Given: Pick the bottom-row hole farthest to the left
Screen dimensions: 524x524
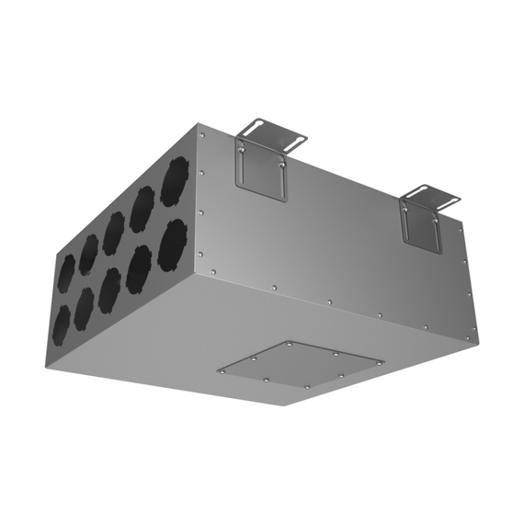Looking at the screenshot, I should (62, 323).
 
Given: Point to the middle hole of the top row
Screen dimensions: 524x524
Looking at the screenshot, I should (114, 233).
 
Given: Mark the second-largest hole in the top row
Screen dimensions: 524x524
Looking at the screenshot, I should (142, 209).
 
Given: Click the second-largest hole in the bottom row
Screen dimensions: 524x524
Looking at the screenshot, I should (139, 268).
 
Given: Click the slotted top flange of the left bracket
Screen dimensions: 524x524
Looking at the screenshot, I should (270, 134).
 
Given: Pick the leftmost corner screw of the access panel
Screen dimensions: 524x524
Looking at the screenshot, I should (223, 370).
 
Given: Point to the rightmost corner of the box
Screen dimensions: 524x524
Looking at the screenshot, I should (478, 336).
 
